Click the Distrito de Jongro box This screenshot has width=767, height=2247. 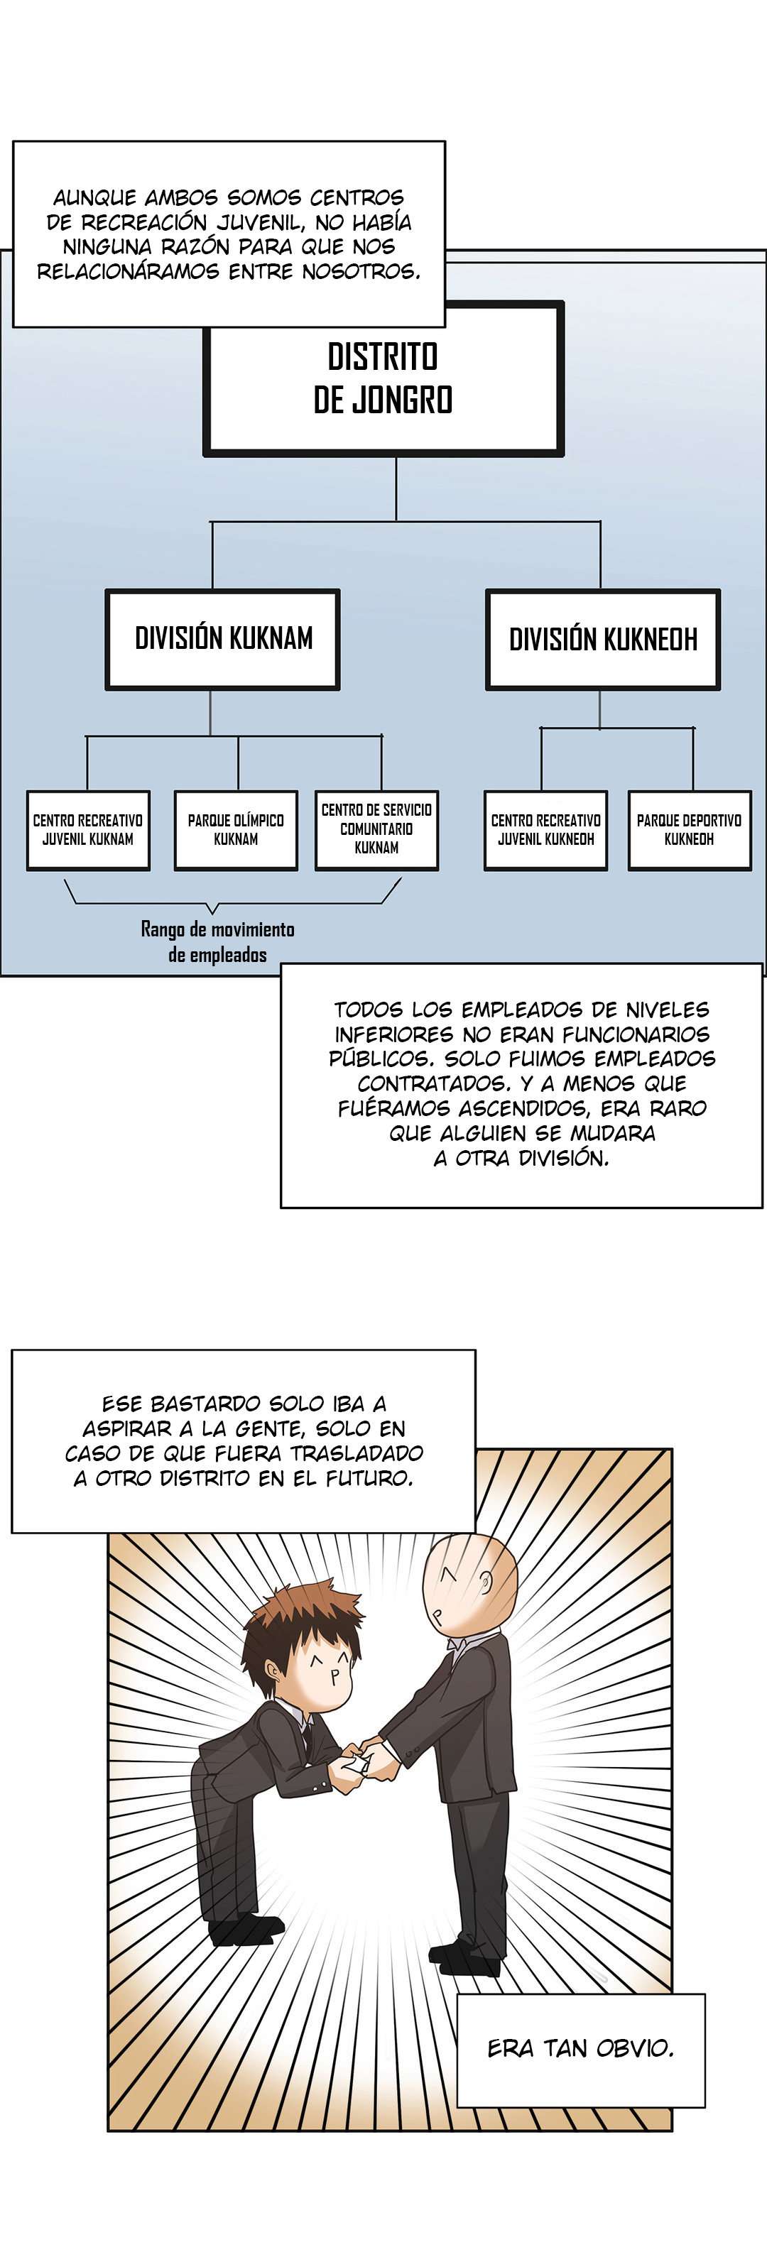click(383, 378)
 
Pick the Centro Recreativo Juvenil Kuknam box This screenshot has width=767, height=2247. click(88, 829)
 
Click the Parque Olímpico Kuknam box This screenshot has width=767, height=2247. click(236, 829)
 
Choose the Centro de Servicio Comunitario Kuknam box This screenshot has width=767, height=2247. click(376, 829)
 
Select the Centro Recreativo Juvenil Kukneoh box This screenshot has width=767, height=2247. click(545, 829)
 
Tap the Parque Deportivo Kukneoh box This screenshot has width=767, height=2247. click(690, 829)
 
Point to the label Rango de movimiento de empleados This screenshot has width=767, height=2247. click(217, 942)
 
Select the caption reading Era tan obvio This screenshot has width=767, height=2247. click(580, 2048)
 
